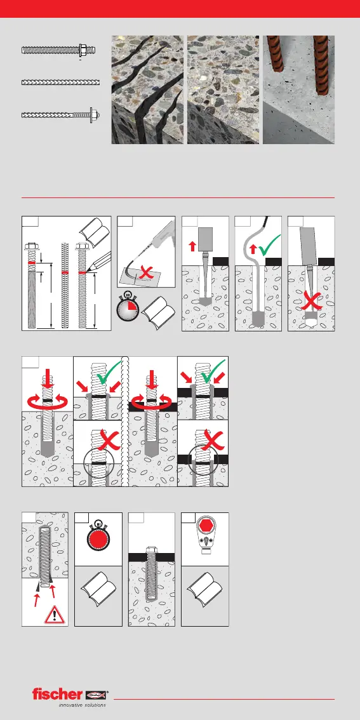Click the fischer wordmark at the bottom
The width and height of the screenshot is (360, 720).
[57, 694]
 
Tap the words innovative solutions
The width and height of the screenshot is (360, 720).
[82, 705]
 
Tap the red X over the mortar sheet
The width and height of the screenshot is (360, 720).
[145, 273]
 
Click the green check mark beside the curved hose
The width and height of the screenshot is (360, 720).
[269, 246]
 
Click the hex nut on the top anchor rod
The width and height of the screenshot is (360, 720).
[83, 49]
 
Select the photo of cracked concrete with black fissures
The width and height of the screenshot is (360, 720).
[147, 90]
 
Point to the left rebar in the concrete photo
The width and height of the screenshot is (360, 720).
[276, 54]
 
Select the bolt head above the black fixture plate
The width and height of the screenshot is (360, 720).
[151, 550]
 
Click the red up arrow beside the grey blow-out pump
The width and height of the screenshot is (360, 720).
[192, 246]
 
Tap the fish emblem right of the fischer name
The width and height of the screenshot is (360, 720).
[95, 695]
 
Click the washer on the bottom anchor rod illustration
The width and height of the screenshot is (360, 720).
[91, 115]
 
